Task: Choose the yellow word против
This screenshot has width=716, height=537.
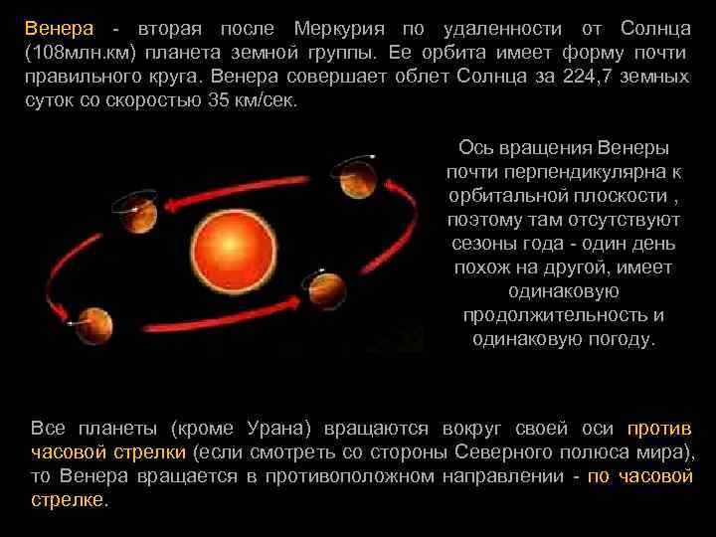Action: pyautogui.click(x=659, y=429)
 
